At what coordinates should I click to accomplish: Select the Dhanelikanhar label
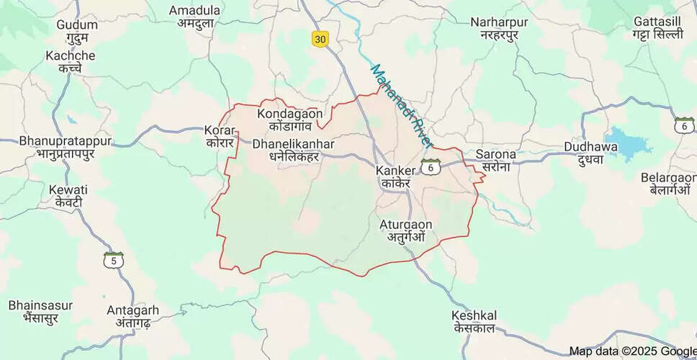pos(294,150)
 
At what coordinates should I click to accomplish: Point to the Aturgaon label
pos(407,230)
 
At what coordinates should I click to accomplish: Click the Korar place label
pos(220,138)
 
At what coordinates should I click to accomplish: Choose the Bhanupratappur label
pos(66,146)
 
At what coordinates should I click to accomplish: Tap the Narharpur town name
pos(499,29)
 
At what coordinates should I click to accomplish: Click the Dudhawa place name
pos(587,153)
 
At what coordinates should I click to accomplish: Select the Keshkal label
pos(475,322)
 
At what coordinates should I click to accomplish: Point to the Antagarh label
pos(132,316)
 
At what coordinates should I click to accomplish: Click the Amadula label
pos(194,17)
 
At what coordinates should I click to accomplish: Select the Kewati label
pos(68,195)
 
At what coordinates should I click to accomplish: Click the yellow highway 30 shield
pos(320,40)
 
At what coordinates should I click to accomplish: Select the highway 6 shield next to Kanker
pos(431,166)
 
